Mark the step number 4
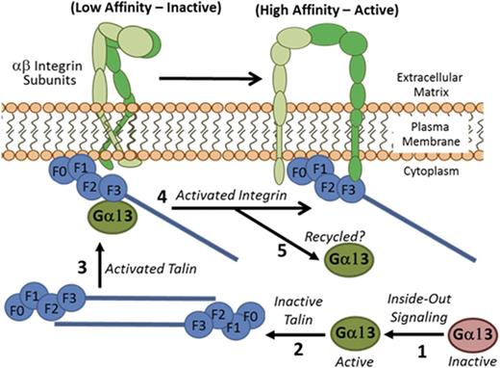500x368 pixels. tap(163, 198)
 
